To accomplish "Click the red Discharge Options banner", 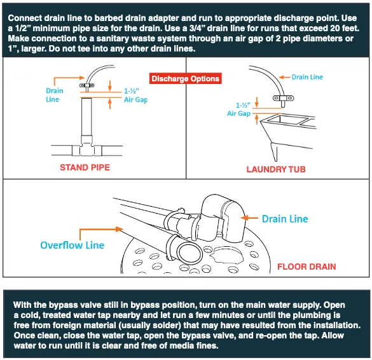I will point(185,79).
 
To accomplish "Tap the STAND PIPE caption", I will point(85,168).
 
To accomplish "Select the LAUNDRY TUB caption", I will point(276,170).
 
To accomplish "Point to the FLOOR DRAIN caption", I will point(307,267).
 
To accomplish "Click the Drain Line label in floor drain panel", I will point(284,219).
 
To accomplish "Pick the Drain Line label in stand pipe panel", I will point(55,95).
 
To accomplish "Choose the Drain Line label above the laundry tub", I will point(307,77).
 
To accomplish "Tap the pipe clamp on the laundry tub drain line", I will point(279,98).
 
